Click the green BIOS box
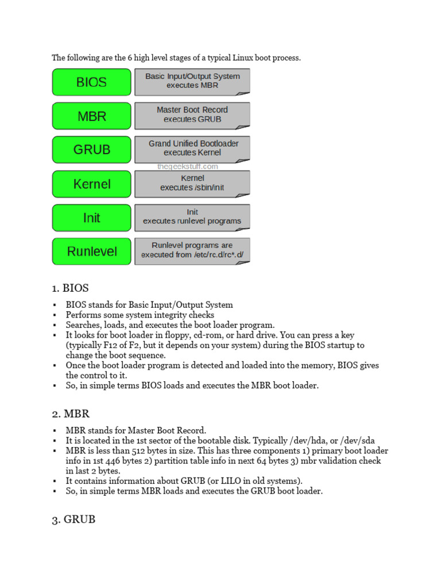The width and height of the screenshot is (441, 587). (91, 82)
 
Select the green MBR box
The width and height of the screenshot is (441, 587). (91, 116)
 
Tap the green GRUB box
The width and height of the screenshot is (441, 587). (91, 150)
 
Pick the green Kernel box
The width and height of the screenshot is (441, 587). (91, 184)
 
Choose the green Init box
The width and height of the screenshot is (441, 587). (91, 218)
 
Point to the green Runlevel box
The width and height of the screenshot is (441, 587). (91, 251)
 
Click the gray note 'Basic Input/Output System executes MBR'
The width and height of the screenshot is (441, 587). (192, 81)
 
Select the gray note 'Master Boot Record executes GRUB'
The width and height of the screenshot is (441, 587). (192, 115)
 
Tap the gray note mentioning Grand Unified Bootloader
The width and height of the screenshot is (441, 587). (192, 148)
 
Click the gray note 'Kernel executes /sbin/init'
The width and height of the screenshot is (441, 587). (192, 183)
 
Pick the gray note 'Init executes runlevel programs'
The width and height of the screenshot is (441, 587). (192, 217)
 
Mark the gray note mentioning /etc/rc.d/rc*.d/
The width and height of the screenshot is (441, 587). (192, 251)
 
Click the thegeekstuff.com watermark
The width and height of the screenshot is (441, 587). (188, 167)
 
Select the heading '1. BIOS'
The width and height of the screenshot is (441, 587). (71, 288)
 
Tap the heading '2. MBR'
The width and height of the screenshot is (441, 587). (71, 413)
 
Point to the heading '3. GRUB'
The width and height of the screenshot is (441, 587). (73, 520)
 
